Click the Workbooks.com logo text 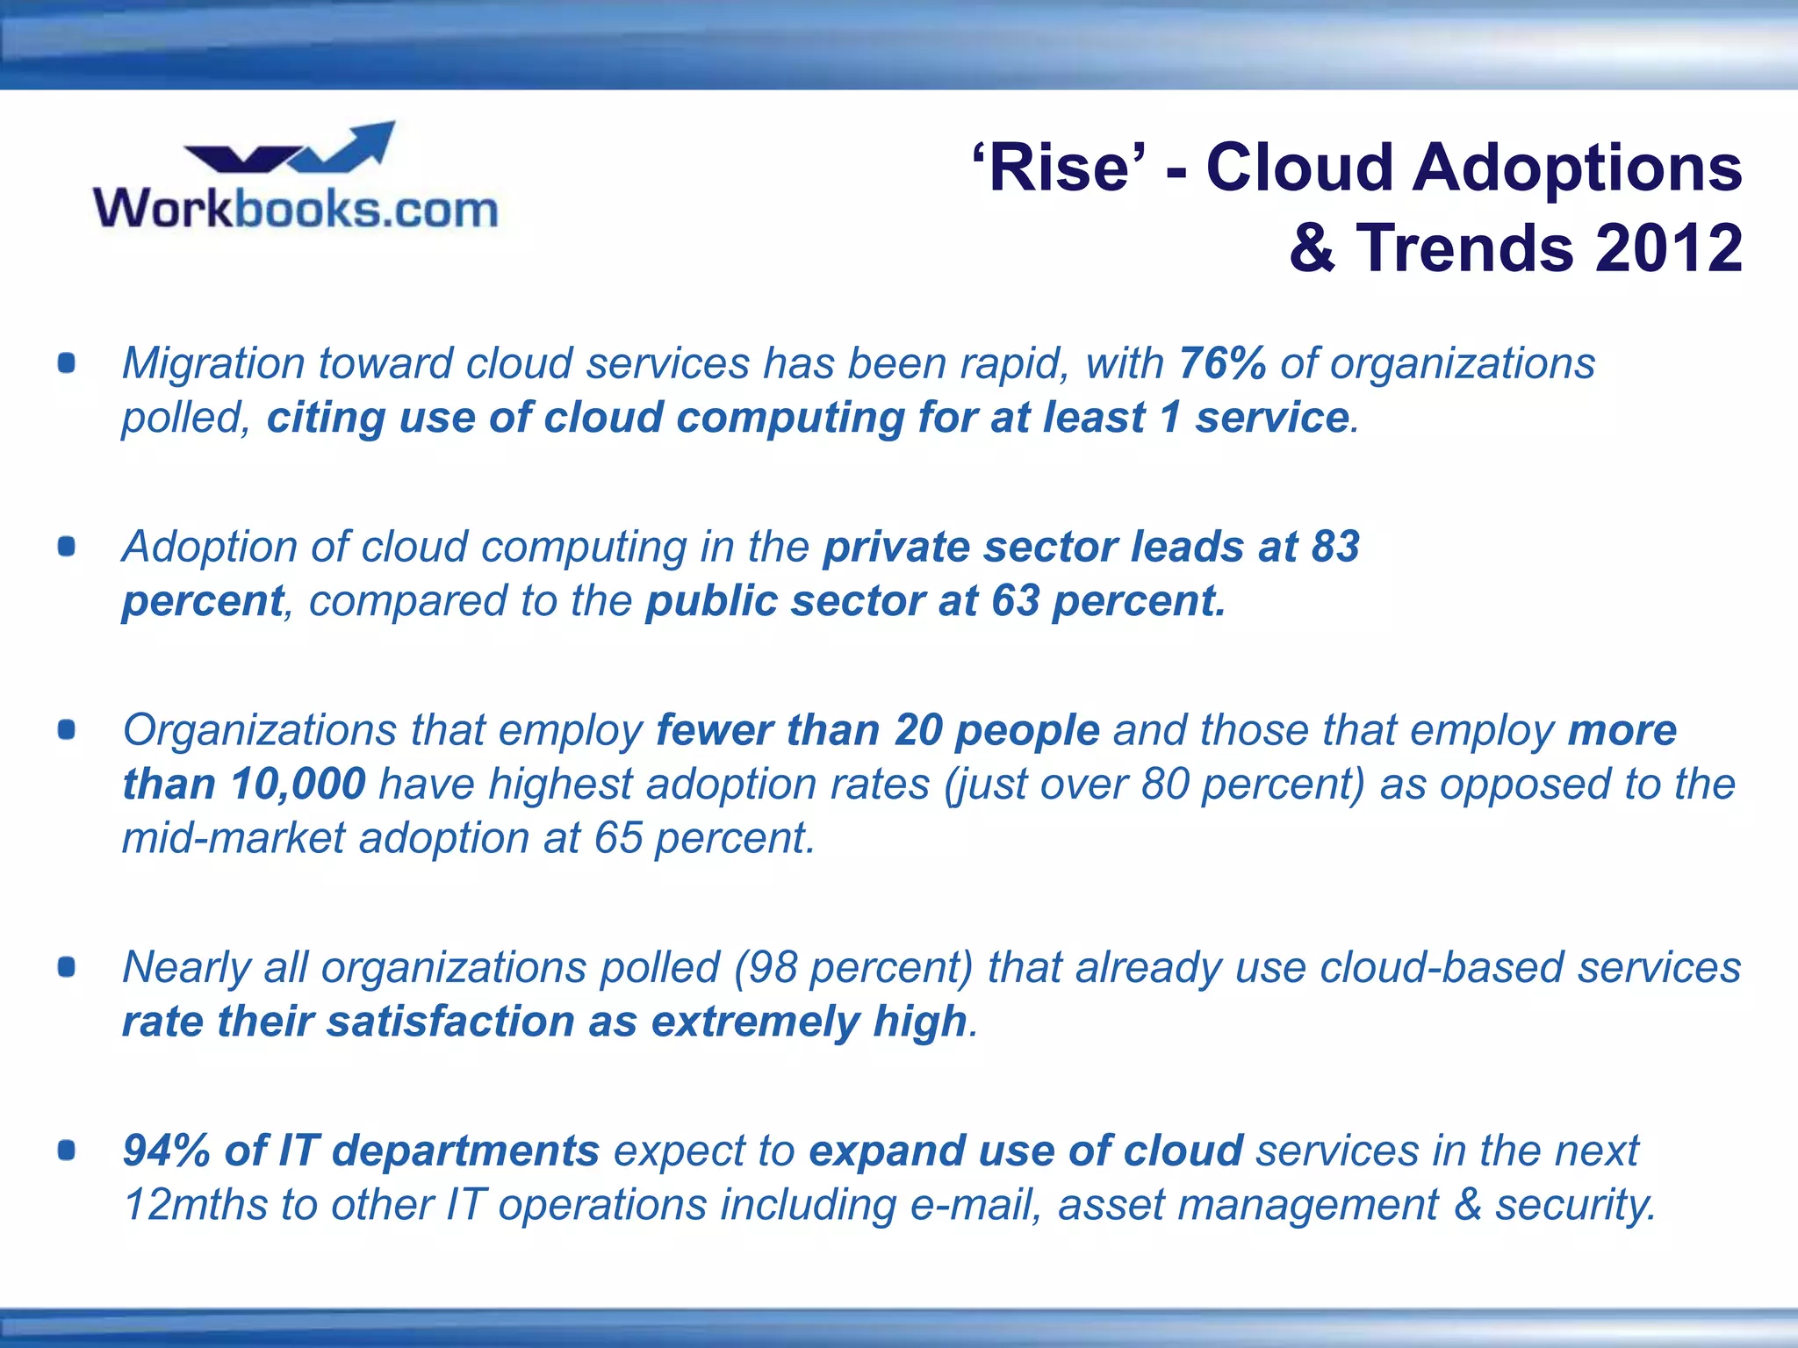[x=296, y=209]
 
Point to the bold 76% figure [x=1222, y=362]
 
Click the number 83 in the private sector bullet [x=1335, y=546]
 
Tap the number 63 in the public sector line [x=1016, y=601]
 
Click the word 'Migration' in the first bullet [x=213, y=364]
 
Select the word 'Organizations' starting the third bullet [x=260, y=731]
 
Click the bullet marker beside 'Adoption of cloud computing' [x=67, y=547]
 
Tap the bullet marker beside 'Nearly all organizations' [x=67, y=967]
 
